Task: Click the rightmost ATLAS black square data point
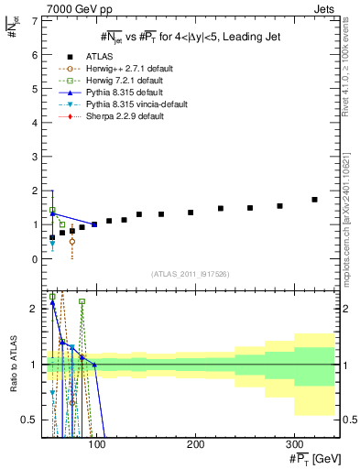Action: click(314, 200)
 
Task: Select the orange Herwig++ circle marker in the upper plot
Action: click(72, 242)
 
